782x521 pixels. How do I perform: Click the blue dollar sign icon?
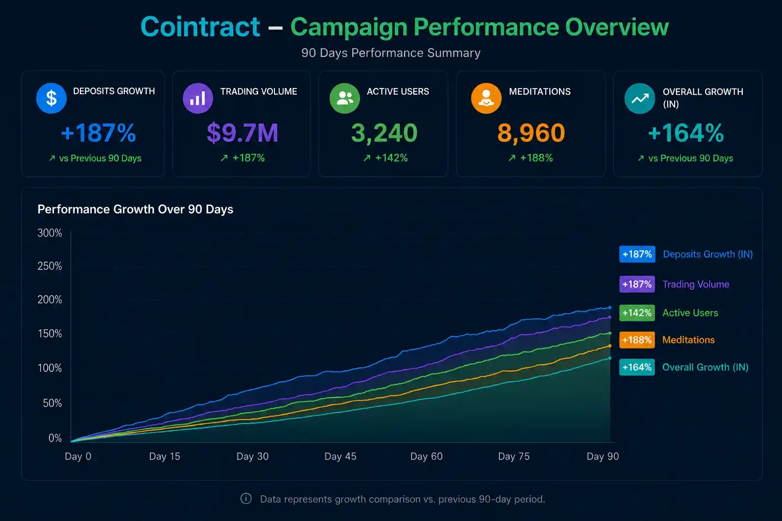[x=51, y=98]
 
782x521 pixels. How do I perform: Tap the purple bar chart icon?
[x=198, y=98]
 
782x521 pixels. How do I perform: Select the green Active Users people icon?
[x=345, y=98]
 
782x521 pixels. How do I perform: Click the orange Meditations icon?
[x=486, y=98]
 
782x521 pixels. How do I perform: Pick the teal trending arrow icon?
[x=639, y=98]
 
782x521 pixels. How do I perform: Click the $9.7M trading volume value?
[x=243, y=133]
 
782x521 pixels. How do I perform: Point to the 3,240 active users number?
[x=384, y=133]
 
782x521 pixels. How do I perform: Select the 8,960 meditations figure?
[x=531, y=133]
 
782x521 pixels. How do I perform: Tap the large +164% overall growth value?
[x=686, y=133]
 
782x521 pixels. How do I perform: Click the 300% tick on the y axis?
[x=49, y=233]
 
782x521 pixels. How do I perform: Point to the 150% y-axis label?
[x=49, y=334]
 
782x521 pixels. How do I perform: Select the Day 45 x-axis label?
[x=341, y=456]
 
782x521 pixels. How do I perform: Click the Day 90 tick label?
[x=603, y=456]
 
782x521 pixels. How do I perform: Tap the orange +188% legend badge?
[x=637, y=340]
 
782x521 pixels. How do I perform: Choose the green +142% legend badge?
[x=637, y=313]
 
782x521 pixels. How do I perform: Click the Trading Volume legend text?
[x=696, y=284]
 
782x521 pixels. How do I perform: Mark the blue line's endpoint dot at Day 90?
[x=610, y=307]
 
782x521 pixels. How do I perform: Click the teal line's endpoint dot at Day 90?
[x=610, y=358]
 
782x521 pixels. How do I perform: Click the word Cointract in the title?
[x=201, y=26]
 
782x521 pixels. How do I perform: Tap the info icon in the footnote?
[x=246, y=499]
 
